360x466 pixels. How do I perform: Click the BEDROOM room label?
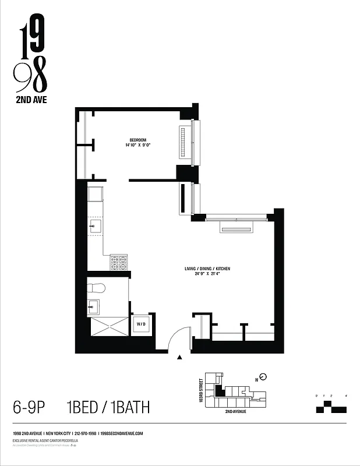point(138,140)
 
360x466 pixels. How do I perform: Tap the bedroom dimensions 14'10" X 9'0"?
point(138,146)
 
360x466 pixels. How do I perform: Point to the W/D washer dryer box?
point(141,323)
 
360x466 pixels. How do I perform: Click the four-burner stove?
point(119,262)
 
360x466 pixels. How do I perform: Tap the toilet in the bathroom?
point(96,288)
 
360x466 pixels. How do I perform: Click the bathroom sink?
point(93,306)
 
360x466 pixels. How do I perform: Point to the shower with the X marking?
point(107,326)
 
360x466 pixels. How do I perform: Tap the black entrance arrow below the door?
point(180,357)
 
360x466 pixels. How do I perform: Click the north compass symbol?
point(263,376)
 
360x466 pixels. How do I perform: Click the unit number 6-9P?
point(29,407)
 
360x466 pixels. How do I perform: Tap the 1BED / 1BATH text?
point(108,407)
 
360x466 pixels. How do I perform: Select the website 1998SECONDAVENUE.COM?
point(122,433)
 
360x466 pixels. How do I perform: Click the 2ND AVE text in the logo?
point(31,99)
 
